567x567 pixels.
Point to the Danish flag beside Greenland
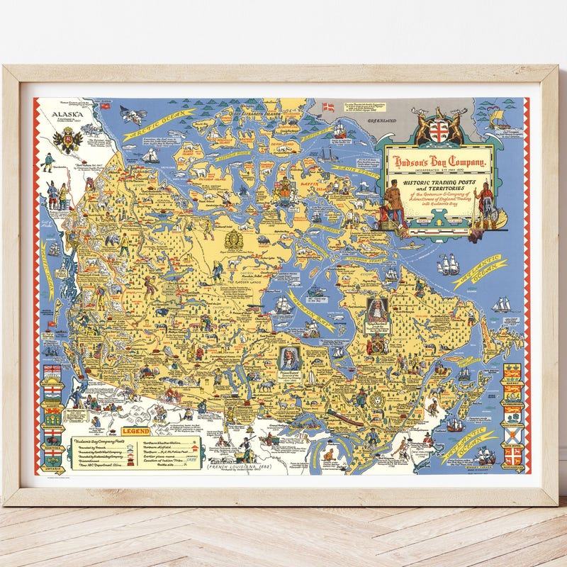[327, 108]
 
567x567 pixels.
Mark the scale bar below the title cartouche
[442, 223]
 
